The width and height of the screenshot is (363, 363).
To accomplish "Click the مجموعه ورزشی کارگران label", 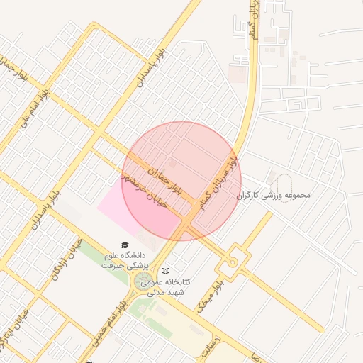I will point(273,195).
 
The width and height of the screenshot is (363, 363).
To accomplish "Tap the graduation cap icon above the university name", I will point(125,245).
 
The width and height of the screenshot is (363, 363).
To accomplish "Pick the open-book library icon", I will point(166,271).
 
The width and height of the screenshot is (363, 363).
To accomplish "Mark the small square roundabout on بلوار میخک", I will point(232,263).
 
